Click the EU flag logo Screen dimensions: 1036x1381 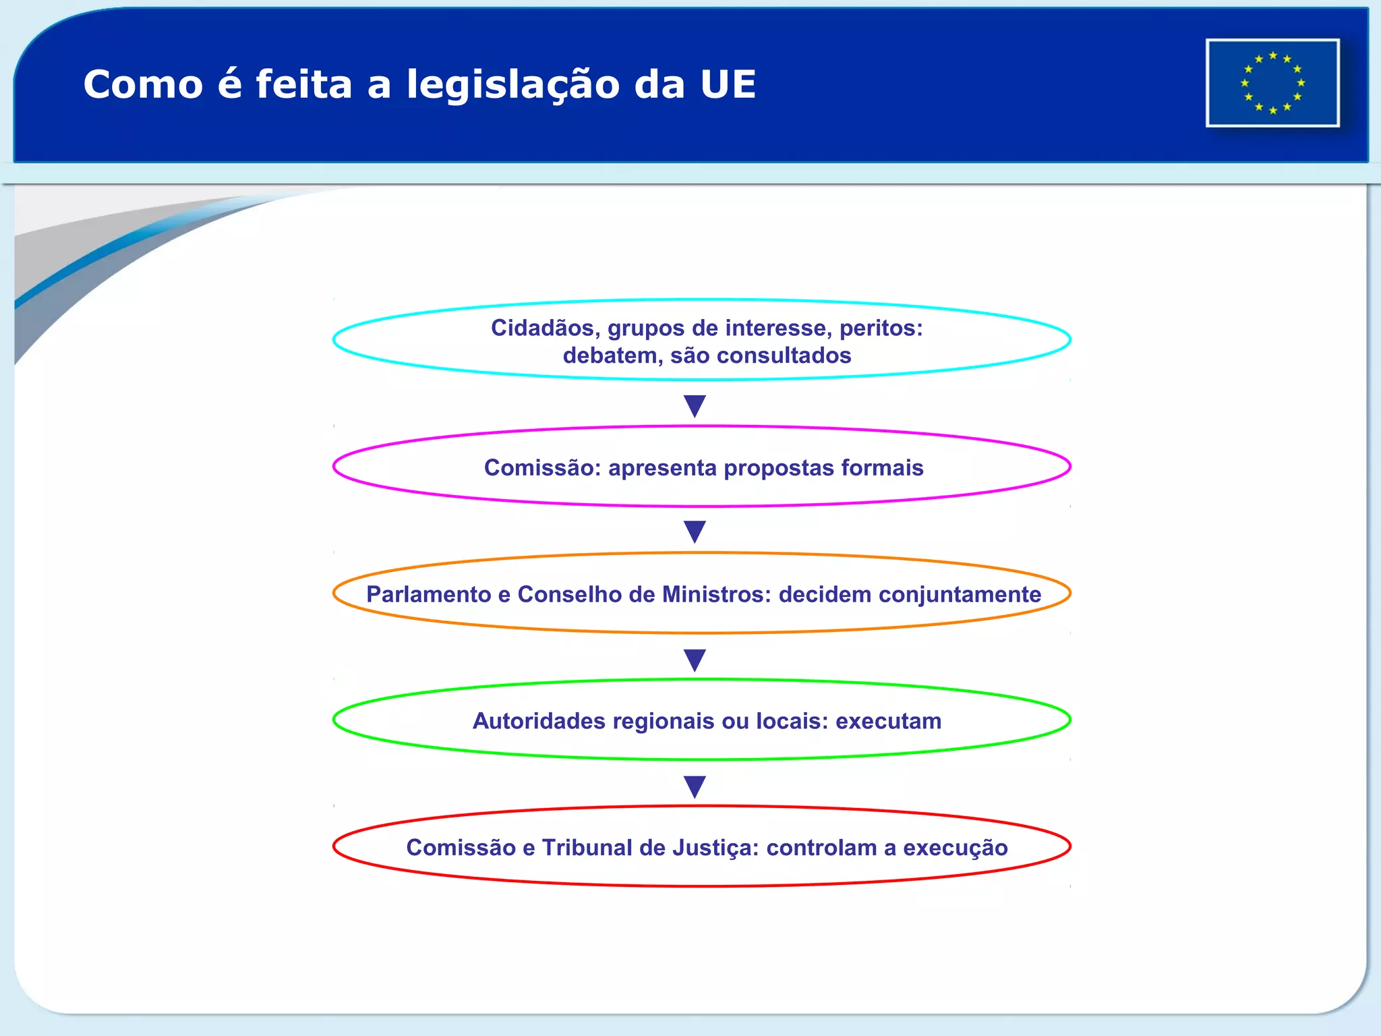(x=1272, y=83)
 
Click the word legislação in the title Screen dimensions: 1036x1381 (x=513, y=86)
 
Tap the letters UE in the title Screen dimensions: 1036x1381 (x=728, y=84)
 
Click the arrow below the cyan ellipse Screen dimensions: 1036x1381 (x=695, y=406)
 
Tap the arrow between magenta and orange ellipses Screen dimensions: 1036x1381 (x=695, y=531)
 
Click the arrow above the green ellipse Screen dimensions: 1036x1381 (x=695, y=660)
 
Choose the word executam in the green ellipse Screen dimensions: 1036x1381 (x=888, y=721)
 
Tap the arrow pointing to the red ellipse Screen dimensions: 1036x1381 (x=695, y=786)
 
